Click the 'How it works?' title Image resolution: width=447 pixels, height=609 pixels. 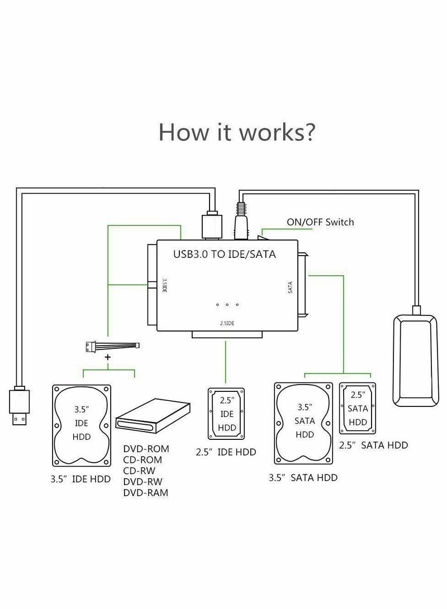coord(237,132)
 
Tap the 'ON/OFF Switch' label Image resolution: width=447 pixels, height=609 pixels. coord(320,222)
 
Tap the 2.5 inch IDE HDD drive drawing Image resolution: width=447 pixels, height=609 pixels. coord(227,412)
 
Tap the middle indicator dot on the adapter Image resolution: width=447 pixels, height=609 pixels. coord(227,304)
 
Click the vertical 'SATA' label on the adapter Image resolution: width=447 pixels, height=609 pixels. coord(290,287)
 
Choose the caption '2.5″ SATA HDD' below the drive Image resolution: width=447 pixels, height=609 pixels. coord(373,445)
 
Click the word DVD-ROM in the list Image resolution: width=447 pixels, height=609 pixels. coord(146,449)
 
